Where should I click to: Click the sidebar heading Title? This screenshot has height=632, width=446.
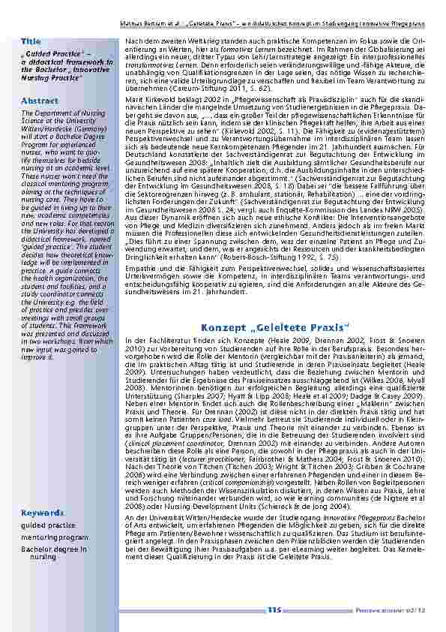(x=31, y=39)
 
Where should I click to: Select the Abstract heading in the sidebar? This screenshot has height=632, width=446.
(x=40, y=100)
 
